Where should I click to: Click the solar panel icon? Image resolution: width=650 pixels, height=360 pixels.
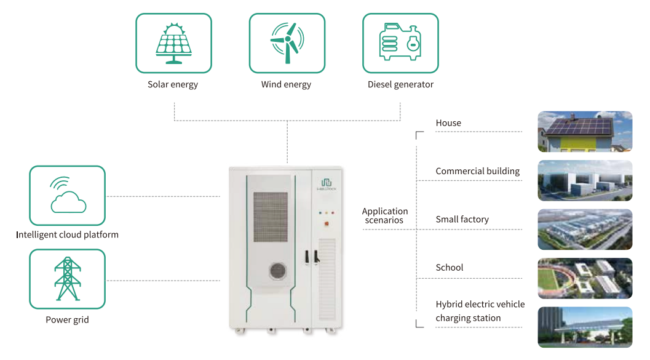tap(173, 43)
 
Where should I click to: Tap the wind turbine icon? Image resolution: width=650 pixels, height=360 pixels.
tap(287, 43)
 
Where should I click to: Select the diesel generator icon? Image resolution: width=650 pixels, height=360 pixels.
tap(400, 43)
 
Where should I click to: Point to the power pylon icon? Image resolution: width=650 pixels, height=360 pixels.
tap(67, 279)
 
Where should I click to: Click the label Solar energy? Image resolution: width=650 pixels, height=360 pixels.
tap(173, 84)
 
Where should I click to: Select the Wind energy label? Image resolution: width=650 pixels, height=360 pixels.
tap(286, 84)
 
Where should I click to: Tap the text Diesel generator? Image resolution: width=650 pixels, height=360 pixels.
tap(400, 84)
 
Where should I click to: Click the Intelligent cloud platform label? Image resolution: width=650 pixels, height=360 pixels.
tap(67, 234)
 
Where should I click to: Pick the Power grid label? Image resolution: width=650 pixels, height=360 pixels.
tap(67, 320)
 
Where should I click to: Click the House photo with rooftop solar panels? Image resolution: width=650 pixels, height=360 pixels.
tap(585, 132)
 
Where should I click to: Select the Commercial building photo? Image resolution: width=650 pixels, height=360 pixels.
tap(585, 180)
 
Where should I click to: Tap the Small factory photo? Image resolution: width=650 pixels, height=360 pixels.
tap(585, 230)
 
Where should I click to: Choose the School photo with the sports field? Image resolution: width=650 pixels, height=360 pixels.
tap(585, 278)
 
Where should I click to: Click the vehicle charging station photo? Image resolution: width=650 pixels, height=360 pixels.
tap(585, 327)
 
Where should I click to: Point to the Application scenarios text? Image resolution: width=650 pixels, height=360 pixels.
tap(384, 215)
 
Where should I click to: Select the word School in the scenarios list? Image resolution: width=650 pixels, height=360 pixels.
tap(449, 268)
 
